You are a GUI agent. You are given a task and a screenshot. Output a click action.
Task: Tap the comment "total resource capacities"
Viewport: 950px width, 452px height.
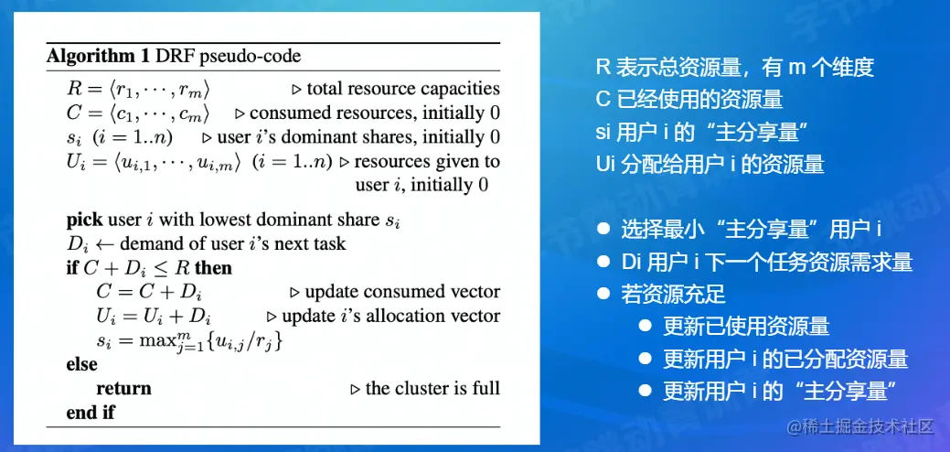click(x=403, y=89)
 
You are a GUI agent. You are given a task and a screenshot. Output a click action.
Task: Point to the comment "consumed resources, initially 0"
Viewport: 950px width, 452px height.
click(x=375, y=113)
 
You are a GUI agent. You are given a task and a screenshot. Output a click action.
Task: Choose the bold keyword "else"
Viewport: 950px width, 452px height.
click(x=81, y=364)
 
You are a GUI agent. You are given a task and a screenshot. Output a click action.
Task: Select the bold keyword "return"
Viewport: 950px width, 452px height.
click(x=123, y=388)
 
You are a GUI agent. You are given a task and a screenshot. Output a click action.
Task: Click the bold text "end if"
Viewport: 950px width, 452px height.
click(x=91, y=413)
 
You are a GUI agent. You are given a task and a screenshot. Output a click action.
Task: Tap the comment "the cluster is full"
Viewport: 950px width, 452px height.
click(x=432, y=388)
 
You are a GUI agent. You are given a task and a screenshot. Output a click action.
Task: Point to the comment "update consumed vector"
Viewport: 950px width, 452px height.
click(x=402, y=292)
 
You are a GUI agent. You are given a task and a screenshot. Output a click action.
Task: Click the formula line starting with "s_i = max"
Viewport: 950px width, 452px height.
click(x=189, y=341)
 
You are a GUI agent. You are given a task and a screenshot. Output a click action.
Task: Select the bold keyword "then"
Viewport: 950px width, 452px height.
click(x=214, y=268)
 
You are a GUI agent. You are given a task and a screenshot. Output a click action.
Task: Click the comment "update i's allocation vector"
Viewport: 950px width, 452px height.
click(x=390, y=317)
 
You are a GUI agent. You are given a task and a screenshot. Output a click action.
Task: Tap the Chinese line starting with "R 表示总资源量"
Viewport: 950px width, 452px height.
click(x=735, y=68)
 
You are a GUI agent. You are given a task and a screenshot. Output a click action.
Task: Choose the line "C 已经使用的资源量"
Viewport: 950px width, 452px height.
click(x=688, y=100)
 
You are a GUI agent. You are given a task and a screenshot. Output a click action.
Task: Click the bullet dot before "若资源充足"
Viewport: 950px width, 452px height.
click(x=603, y=294)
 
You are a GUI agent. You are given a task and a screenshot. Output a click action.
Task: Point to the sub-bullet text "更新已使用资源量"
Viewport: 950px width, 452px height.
click(x=746, y=327)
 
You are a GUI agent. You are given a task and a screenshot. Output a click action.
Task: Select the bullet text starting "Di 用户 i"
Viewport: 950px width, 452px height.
click(x=766, y=263)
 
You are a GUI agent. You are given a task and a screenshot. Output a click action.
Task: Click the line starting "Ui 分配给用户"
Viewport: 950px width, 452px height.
click(x=710, y=164)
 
